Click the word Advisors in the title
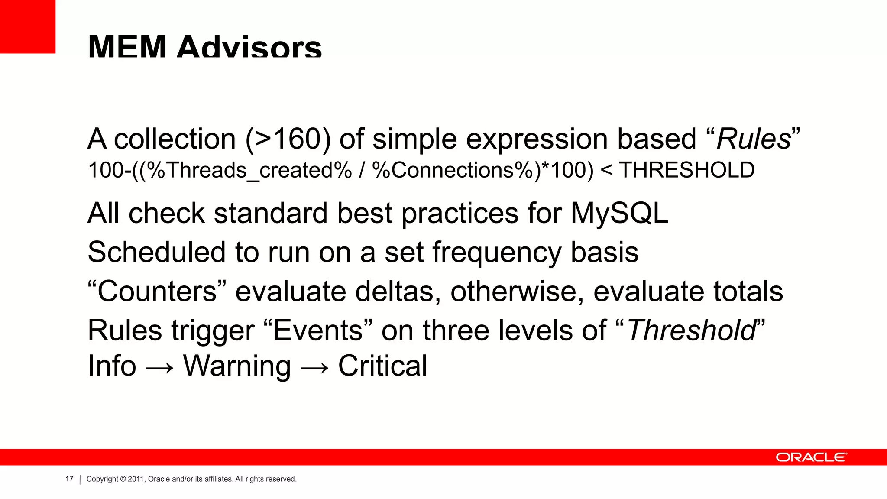tap(249, 47)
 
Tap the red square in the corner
tap(27, 26)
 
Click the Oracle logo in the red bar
tap(811, 457)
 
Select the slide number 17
tap(69, 479)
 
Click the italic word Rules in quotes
tap(753, 139)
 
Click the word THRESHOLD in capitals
tap(686, 170)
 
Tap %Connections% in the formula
tap(453, 170)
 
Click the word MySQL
tap(619, 214)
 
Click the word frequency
tap(497, 253)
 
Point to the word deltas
tap(395, 291)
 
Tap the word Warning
tap(237, 366)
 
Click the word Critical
tap(382, 366)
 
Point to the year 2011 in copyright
tap(135, 479)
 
